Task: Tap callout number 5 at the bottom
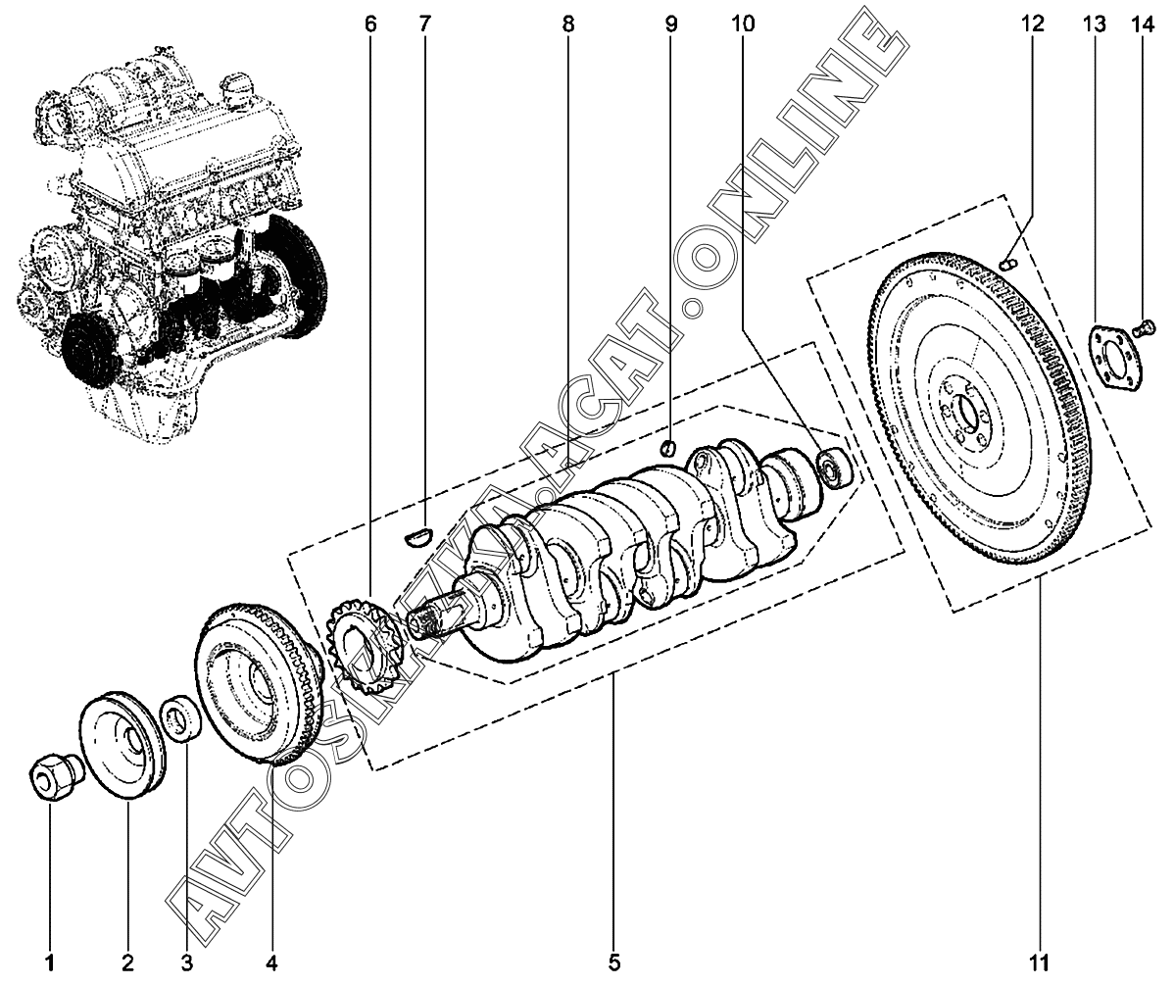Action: pyautogui.click(x=613, y=961)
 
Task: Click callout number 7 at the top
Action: pyautogui.click(x=424, y=24)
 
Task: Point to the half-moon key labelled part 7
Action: pyautogui.click(x=418, y=534)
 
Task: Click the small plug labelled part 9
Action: pyautogui.click(x=667, y=449)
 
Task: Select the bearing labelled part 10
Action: pyautogui.click(x=835, y=468)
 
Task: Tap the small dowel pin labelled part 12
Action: pyautogui.click(x=1008, y=262)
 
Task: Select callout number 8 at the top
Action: pyautogui.click(x=568, y=24)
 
